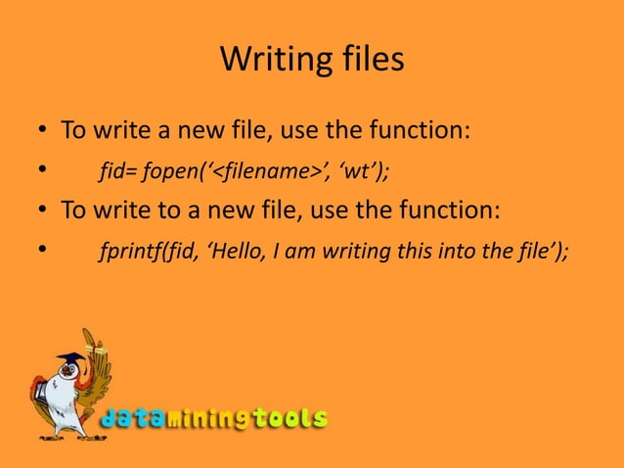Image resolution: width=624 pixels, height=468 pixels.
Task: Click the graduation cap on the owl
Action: tap(69, 359)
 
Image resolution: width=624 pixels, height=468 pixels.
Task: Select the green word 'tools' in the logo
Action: tap(290, 420)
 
